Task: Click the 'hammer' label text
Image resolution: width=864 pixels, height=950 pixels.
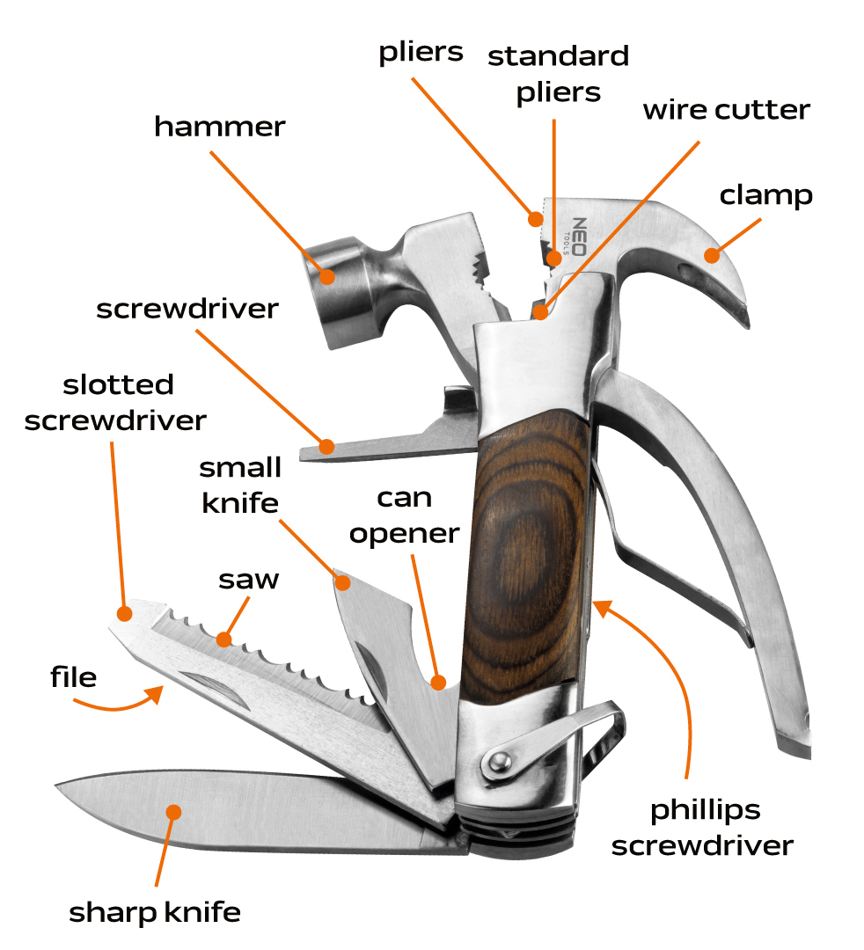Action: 220,127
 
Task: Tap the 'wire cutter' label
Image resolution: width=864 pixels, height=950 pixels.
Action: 726,111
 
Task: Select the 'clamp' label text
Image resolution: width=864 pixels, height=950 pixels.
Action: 765,195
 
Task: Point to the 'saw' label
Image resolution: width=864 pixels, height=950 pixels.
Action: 249,580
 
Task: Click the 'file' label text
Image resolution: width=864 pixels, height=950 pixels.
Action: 73,677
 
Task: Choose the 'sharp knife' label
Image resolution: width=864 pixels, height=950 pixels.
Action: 155,913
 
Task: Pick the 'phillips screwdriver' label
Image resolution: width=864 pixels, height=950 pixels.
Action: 702,828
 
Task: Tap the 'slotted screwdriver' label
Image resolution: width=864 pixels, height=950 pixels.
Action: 115,402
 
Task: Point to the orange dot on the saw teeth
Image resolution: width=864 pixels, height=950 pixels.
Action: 225,639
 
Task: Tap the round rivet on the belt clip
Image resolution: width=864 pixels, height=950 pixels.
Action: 498,759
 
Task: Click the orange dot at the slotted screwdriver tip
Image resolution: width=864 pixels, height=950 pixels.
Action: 124,612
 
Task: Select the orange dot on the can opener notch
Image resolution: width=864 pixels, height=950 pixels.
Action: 439,681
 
